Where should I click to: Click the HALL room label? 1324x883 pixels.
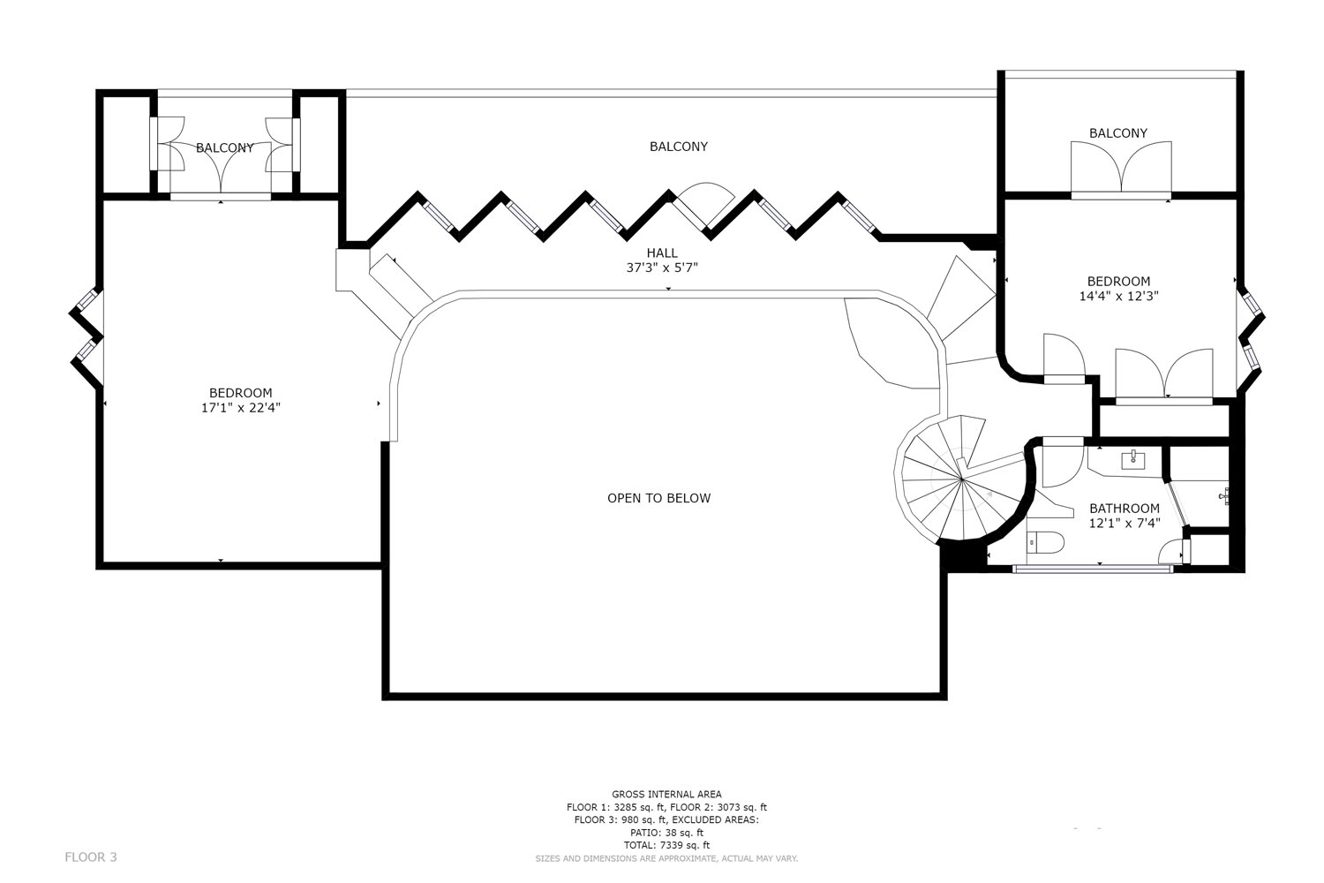(x=662, y=253)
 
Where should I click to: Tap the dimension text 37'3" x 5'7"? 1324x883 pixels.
(x=662, y=268)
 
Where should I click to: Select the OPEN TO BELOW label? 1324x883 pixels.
(x=659, y=499)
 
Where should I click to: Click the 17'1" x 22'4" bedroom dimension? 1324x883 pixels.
(x=241, y=407)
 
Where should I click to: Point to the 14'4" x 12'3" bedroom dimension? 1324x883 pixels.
(x=1119, y=297)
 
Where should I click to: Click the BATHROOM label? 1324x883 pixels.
(x=1125, y=509)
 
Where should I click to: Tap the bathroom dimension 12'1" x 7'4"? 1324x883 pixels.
(x=1125, y=523)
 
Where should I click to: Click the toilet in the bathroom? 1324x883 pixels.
(x=1046, y=541)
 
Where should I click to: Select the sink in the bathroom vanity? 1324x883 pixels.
(x=1133, y=459)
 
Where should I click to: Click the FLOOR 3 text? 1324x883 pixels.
(x=91, y=857)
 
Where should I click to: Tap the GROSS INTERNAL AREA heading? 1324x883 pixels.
(x=666, y=795)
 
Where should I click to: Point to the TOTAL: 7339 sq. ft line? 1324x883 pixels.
(x=666, y=845)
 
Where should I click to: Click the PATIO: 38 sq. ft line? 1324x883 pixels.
(x=666, y=833)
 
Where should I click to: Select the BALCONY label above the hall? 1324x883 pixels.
(x=679, y=147)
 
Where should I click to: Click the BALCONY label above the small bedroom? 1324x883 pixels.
(x=1118, y=133)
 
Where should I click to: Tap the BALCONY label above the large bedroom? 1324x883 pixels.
(x=224, y=147)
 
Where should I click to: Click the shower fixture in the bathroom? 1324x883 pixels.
(x=1225, y=495)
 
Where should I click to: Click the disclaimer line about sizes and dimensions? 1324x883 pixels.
(x=666, y=858)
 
